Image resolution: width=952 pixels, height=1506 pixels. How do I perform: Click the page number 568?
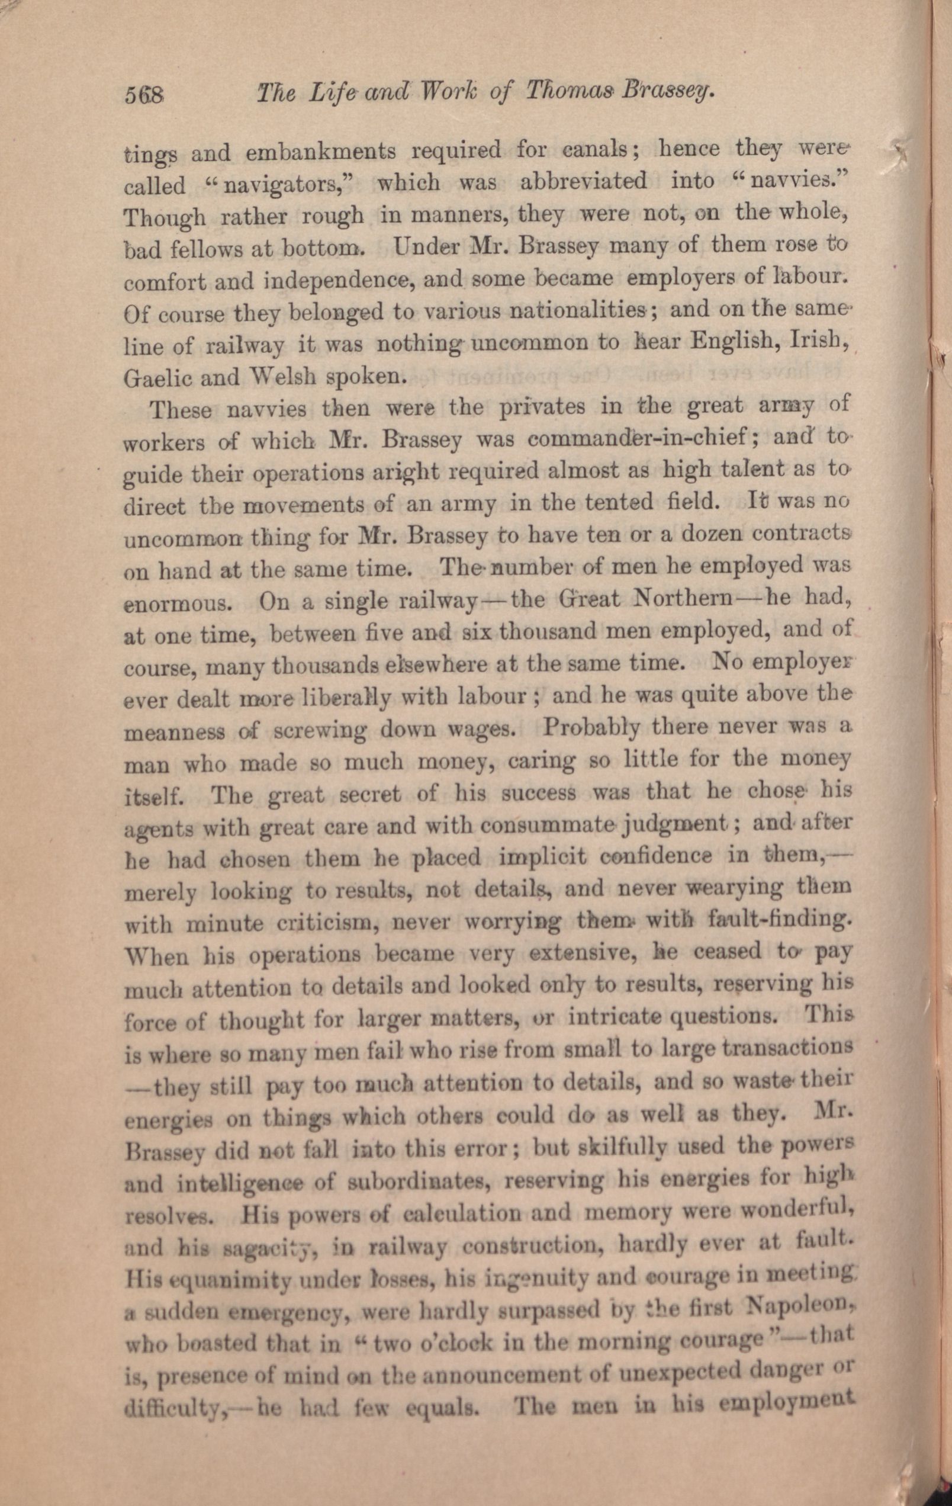pyautogui.click(x=144, y=95)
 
